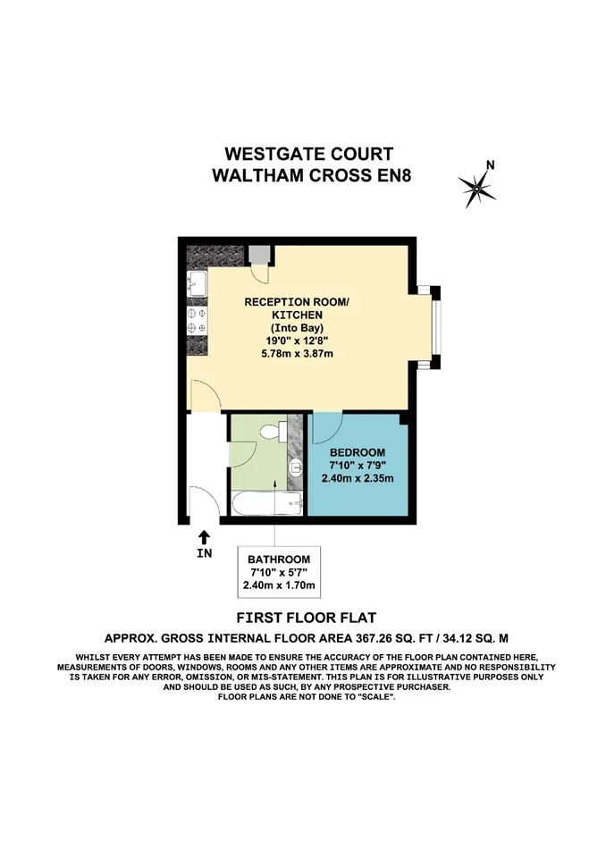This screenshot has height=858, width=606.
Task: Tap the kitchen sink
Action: pyautogui.click(x=197, y=284)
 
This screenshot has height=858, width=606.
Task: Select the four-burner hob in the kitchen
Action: pyautogui.click(x=197, y=321)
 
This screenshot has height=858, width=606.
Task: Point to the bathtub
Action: pyautogui.click(x=266, y=503)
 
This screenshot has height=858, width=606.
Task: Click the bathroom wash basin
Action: pyautogui.click(x=296, y=467)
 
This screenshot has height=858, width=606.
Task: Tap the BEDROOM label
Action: pyautogui.click(x=357, y=452)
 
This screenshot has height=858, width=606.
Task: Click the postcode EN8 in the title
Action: pyautogui.click(x=393, y=176)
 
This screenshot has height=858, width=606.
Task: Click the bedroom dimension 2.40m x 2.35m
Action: pyautogui.click(x=357, y=478)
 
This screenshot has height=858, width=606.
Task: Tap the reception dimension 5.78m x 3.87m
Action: pyautogui.click(x=297, y=354)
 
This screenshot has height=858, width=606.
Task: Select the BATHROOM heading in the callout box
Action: pyautogui.click(x=279, y=559)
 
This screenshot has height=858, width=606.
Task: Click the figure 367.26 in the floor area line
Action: pyautogui.click(x=375, y=638)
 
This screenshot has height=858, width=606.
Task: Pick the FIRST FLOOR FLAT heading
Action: pyautogui.click(x=306, y=618)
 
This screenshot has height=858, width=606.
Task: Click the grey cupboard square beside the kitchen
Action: pyautogui.click(x=259, y=254)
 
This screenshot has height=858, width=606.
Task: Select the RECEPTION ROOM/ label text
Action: pyautogui.click(x=296, y=302)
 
